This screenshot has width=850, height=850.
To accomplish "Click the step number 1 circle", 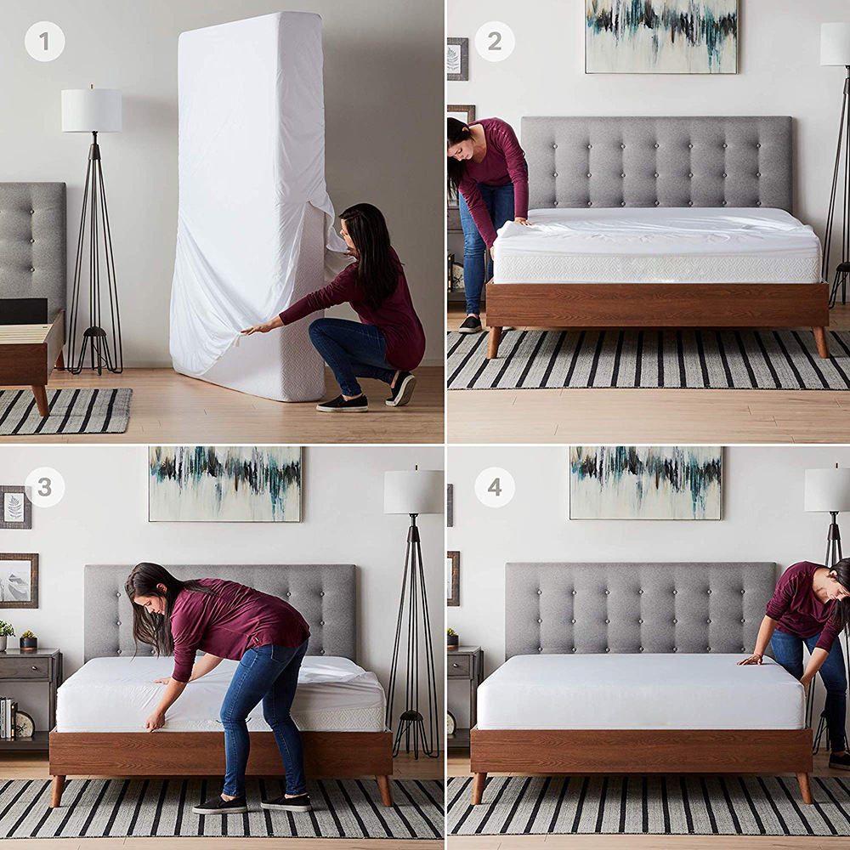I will (x=44, y=41).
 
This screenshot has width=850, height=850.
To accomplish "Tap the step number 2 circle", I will (x=494, y=41).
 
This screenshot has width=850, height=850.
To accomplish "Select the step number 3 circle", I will (x=44, y=487).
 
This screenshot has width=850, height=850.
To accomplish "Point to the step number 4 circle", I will (x=494, y=487).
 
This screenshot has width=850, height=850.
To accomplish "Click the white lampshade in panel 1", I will (x=91, y=110).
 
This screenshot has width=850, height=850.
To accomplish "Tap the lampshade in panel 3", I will (x=413, y=492).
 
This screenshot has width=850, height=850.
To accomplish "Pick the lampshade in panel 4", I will (x=826, y=490).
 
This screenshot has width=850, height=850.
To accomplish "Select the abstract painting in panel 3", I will (x=224, y=483).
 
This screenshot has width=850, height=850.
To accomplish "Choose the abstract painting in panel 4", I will (x=645, y=482).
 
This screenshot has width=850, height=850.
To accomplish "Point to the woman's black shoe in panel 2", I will (x=470, y=324).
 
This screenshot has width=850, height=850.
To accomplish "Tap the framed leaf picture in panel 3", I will (x=15, y=507).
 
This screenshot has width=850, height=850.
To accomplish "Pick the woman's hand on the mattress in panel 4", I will (x=751, y=659).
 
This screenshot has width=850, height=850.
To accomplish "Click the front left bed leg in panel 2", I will (x=494, y=342).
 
